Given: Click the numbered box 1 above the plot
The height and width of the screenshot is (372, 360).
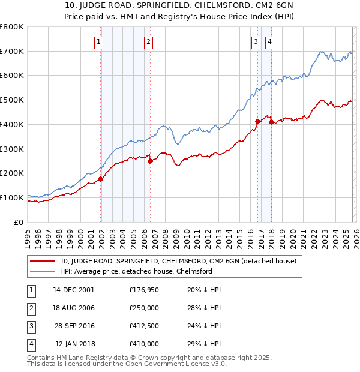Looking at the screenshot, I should pos(98,41).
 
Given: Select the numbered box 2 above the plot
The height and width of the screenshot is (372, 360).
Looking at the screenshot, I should pos(148,41).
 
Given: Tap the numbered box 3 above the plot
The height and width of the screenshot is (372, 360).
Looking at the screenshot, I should pos(256,41).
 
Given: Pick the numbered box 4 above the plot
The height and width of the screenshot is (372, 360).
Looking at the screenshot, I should pos(270,41).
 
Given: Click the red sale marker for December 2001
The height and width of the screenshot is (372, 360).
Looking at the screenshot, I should pos(101,178).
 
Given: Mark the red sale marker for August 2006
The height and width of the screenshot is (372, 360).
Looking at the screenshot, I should pos(150,160).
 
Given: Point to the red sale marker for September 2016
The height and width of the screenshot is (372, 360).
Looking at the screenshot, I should pos(257,121).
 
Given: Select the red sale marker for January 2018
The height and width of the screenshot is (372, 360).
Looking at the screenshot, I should pos(271,122).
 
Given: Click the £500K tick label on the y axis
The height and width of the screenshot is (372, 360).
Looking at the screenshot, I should pos(12,100).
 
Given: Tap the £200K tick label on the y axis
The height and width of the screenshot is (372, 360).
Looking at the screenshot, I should pos(12,173).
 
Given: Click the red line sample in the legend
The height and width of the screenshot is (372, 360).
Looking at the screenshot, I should pos(43,261).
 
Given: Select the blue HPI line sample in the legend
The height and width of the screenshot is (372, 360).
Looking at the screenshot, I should pos(43,271).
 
